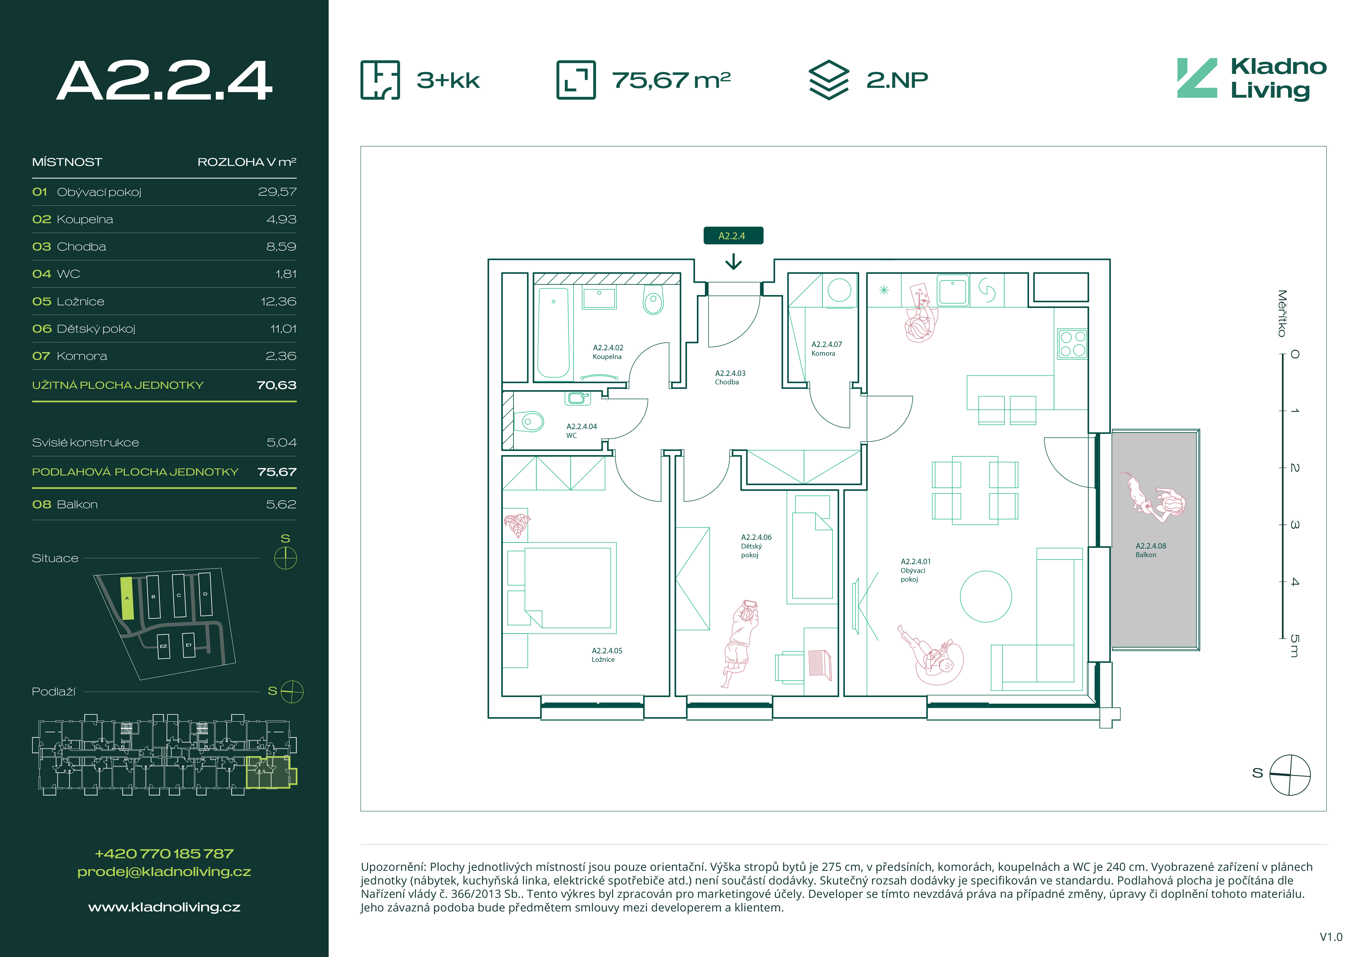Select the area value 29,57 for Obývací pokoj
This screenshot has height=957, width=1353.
pyautogui.click(x=277, y=192)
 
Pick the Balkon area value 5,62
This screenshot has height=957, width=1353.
pyautogui.click(x=281, y=504)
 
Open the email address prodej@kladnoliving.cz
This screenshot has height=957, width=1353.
pyautogui.click(x=164, y=872)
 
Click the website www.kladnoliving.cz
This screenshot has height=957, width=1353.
pyautogui.click(x=164, y=908)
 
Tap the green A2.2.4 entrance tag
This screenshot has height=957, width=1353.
pyautogui.click(x=733, y=236)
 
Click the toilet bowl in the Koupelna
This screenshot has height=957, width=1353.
pyautogui.click(x=653, y=301)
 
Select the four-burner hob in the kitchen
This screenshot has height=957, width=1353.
pyautogui.click(x=1072, y=343)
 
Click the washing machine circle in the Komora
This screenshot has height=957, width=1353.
pyautogui.click(x=839, y=290)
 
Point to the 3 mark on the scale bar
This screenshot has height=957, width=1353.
pyautogui.click(x=1294, y=524)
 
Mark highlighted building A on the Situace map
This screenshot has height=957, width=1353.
pyautogui.click(x=127, y=598)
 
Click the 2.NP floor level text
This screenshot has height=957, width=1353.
pyautogui.click(x=897, y=80)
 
